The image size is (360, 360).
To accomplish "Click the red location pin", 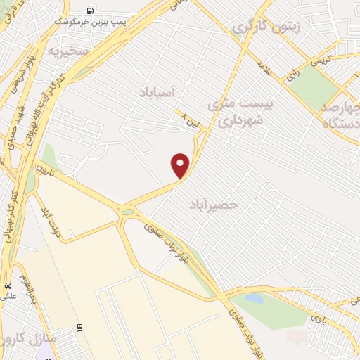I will point(181,165).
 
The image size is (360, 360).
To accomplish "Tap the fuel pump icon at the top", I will point(90,11).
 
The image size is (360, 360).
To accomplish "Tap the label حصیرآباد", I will point(214,204).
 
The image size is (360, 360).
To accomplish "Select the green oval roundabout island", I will point(128,212).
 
